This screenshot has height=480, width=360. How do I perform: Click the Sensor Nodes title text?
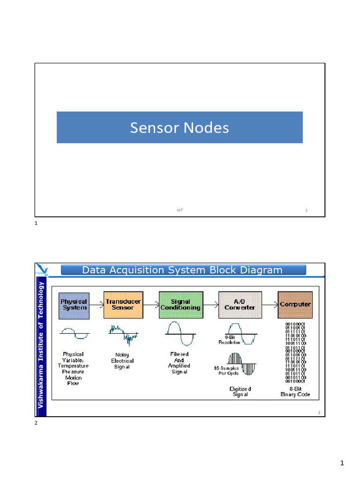[180, 127]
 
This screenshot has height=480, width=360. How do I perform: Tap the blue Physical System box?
[74, 305]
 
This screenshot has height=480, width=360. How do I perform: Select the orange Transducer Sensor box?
[123, 305]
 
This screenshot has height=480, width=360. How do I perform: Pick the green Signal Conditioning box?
[180, 305]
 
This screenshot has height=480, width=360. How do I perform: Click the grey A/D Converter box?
[240, 305]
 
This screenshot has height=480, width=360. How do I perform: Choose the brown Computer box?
[295, 305]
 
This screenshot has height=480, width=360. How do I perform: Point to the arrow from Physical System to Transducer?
[96, 305]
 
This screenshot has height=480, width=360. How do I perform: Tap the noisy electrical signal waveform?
[123, 334]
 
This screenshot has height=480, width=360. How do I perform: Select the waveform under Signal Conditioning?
[180, 333]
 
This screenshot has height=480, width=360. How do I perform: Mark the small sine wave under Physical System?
[74, 334]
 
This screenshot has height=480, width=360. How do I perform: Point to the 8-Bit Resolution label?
[229, 339]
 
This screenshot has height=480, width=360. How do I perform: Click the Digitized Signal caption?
[240, 391]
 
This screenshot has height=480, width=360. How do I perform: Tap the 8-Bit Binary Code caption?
[295, 391]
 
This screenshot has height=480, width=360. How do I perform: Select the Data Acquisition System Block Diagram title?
[182, 270]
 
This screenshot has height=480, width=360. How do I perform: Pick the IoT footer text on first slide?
[180, 210]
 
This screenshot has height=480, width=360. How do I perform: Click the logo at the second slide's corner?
[42, 269]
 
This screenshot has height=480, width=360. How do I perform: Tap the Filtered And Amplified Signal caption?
[179, 363]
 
